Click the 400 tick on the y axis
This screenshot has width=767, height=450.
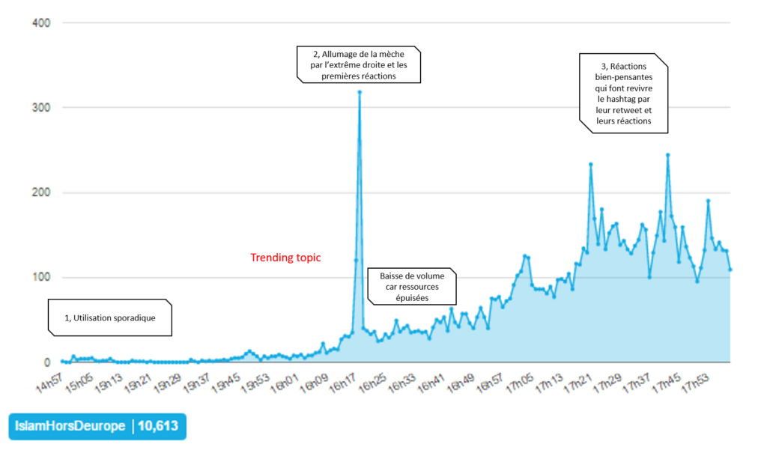(40, 22)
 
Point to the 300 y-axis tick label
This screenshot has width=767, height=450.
(40, 108)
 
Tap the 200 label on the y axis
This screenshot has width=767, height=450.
(40, 192)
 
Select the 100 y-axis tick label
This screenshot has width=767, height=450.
(40, 278)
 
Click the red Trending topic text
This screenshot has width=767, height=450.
(285, 258)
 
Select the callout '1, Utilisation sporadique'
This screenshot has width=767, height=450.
(110, 317)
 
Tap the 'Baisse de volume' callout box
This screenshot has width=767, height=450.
(410, 286)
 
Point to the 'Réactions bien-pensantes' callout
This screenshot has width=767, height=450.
(624, 94)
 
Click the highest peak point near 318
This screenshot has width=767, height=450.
(360, 92)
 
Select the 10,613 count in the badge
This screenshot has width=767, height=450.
(159, 426)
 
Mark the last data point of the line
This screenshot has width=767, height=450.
(730, 270)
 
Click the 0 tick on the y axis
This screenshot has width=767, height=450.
(46, 362)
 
